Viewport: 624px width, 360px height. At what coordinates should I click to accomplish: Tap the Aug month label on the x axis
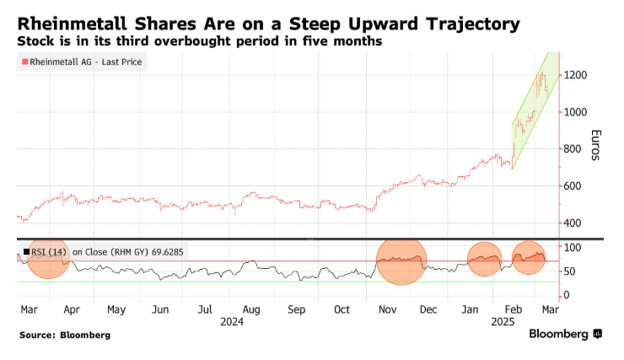pos(250,309)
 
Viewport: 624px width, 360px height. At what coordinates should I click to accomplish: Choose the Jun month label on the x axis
pos(159,309)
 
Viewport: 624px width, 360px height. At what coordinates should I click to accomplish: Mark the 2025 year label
pos(503,322)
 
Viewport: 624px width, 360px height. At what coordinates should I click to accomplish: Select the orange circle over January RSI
pos(485,260)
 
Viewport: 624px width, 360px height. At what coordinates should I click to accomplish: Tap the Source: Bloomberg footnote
pos(65,335)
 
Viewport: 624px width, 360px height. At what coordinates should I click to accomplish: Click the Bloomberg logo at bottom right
pos(565,334)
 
